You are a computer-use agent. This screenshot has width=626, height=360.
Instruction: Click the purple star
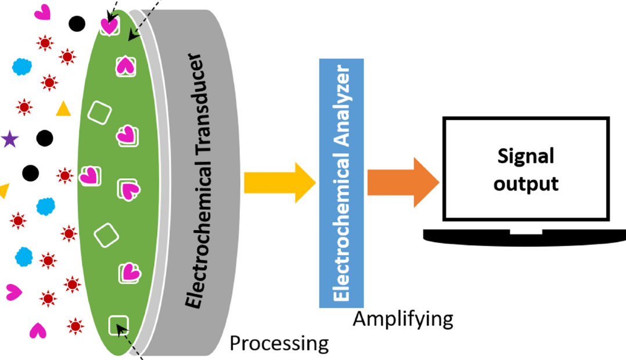click(9, 139)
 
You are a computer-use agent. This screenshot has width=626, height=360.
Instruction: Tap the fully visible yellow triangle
click(63, 109)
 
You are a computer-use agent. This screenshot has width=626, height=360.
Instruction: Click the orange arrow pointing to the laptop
click(402, 182)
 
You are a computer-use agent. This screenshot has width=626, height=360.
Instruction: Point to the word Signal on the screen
click(526, 157)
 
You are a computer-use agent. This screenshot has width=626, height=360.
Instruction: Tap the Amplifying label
click(403, 319)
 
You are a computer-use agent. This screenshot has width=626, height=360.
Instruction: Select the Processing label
click(279, 343)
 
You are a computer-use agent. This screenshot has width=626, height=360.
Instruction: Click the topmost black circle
click(77, 24)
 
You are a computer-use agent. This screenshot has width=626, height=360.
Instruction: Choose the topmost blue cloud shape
click(22, 66)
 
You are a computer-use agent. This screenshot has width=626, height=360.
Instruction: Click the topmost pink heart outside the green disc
click(43, 12)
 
